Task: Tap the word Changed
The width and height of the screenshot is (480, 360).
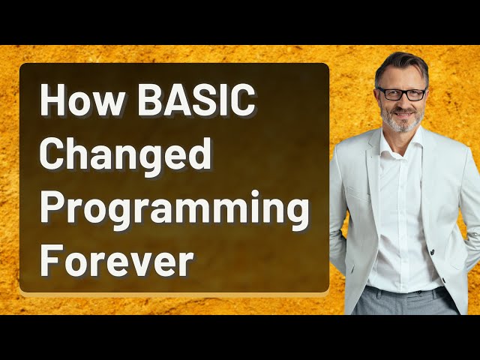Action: coord(124,155)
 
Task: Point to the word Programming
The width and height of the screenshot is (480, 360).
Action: coord(174,209)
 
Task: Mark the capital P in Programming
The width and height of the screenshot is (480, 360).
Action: coord(52,208)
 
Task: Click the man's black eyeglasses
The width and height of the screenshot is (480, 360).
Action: coord(402,94)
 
